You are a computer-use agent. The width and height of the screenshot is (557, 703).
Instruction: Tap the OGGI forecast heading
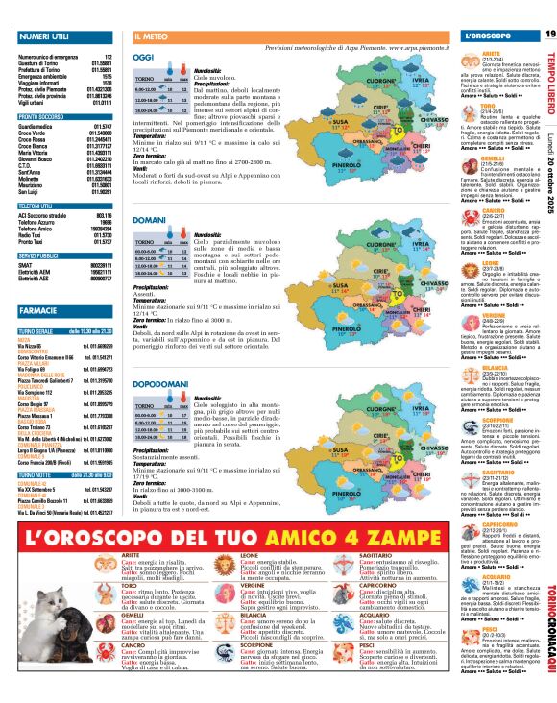[x=146, y=58]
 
